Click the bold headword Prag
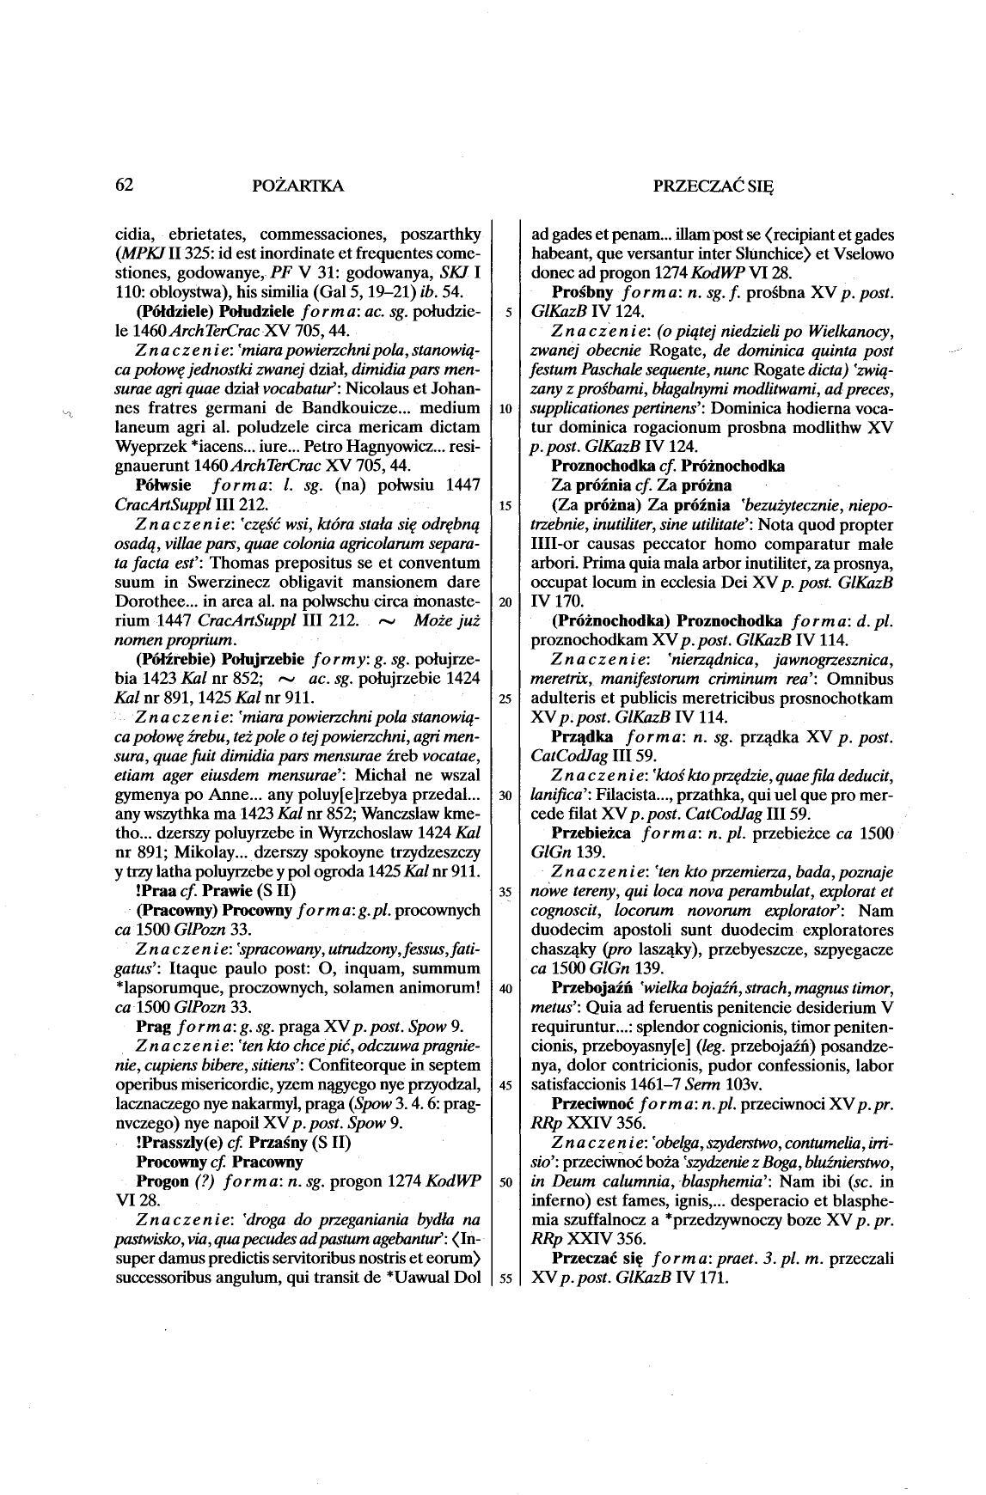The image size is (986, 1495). point(155,1026)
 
